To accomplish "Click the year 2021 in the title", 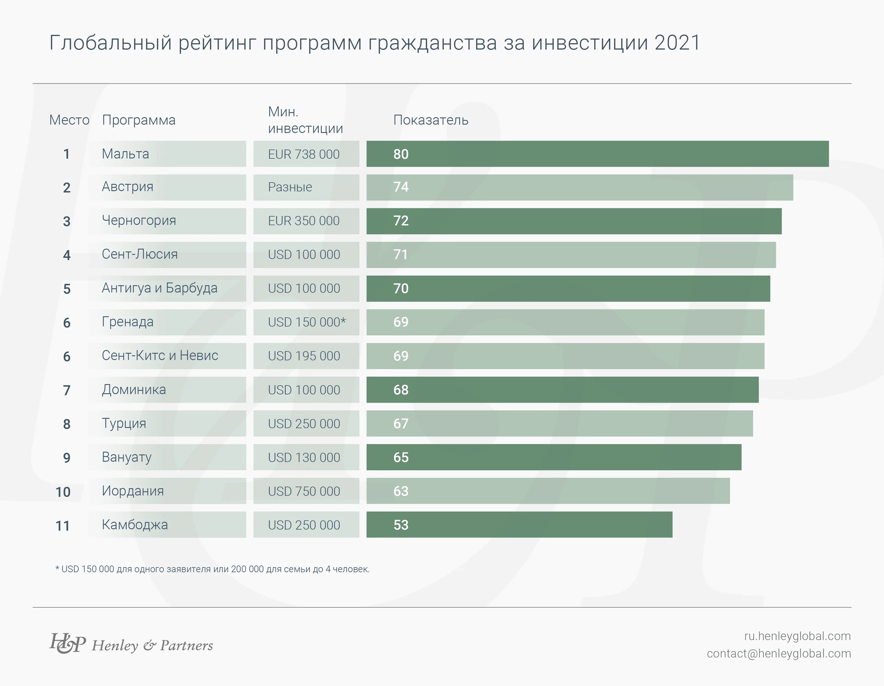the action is (677, 43).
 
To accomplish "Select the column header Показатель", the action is (431, 120).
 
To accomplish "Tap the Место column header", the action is (69, 120).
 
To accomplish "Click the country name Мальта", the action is (126, 154).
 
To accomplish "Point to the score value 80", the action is (401, 154).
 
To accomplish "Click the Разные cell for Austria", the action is (290, 187).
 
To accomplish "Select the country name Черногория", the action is (139, 221).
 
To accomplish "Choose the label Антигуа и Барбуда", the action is (159, 288).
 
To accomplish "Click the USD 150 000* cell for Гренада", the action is (307, 322).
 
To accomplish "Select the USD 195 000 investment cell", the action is (304, 356).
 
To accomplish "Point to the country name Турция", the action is (124, 424).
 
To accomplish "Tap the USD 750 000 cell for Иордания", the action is (304, 491).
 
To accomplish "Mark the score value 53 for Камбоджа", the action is (401, 525).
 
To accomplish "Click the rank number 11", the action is (63, 526).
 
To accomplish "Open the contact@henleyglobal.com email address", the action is (779, 654).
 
